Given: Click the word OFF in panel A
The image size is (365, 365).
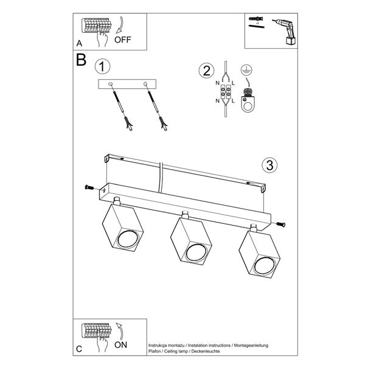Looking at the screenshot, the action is (123, 40).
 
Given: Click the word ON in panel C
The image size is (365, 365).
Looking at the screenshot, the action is (121, 345).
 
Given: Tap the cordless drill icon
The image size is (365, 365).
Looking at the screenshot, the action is (285, 32).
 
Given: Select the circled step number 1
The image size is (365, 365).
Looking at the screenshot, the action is (102, 67).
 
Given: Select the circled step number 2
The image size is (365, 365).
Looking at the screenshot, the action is (206, 71).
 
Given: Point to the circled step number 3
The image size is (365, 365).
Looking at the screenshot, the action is (269, 165).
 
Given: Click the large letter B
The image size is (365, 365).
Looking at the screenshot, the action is (82, 60).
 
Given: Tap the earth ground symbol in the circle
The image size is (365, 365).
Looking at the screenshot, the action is (246, 69).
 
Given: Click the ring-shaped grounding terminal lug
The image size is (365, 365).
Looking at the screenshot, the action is (248, 101).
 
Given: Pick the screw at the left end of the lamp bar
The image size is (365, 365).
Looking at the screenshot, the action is (89, 187).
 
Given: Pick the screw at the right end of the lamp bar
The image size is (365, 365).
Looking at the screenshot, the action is (280, 224).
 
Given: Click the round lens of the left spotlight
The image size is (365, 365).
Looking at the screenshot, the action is (127, 239).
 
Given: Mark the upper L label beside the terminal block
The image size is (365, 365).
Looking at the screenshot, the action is (234, 83).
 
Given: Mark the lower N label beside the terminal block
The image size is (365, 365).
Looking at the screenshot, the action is (217, 101).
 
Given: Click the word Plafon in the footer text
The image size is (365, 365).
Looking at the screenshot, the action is (155, 351).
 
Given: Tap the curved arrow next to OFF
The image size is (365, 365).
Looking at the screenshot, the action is (121, 24).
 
